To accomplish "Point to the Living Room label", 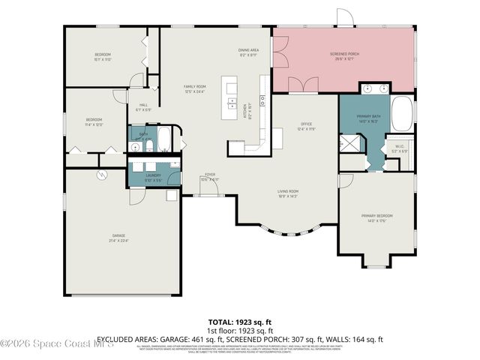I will pyautogui.click(x=289, y=193).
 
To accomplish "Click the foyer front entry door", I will pyautogui.click(x=210, y=187).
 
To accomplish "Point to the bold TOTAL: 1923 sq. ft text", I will pyautogui.click(x=239, y=323).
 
